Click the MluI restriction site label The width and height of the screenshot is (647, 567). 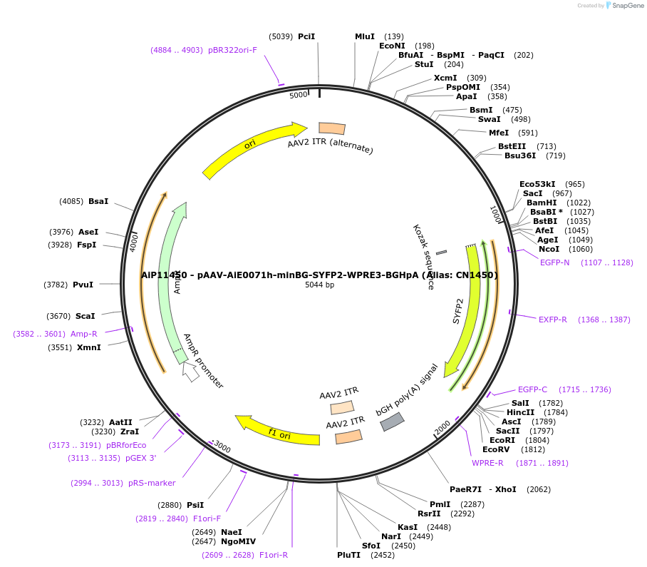[365, 36]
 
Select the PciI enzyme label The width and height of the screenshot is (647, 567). [306, 36]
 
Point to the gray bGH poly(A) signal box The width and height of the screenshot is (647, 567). [392, 422]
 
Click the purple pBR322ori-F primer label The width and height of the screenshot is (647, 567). [232, 50]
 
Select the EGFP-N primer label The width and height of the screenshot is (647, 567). [555, 262]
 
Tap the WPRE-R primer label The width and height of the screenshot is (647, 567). [487, 463]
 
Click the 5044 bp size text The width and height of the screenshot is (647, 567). [319, 285]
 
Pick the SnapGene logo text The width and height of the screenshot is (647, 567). [627, 6]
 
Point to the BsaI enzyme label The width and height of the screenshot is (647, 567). [98, 201]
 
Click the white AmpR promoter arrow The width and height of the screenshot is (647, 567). [190, 372]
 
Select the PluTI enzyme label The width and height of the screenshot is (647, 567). [349, 554]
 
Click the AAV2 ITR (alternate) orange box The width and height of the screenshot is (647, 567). [332, 128]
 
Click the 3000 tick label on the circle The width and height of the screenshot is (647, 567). [222, 447]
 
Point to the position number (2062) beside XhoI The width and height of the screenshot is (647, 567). [538, 489]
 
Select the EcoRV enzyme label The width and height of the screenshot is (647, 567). [495, 449]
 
